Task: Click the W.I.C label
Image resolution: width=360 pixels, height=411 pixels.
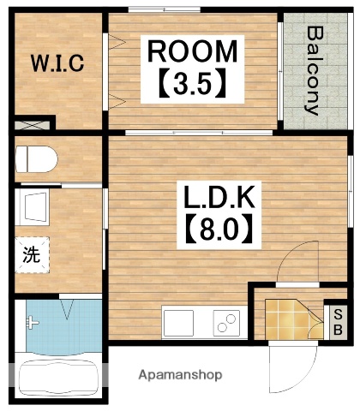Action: coord(57,63)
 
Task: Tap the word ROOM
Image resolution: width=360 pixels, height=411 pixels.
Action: coord(192,51)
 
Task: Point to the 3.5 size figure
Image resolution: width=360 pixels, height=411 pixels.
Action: coord(192,83)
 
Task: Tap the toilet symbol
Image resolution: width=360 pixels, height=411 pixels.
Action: coord(37,158)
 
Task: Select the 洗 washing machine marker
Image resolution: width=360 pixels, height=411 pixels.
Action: coord(30,254)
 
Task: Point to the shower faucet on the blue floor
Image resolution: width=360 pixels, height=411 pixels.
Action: coord(33,323)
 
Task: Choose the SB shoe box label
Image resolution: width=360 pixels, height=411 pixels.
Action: coord(337,320)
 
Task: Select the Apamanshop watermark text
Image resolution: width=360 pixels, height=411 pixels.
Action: coord(182,374)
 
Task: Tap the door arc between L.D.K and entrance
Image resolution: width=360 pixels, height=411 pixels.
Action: coord(300,261)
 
